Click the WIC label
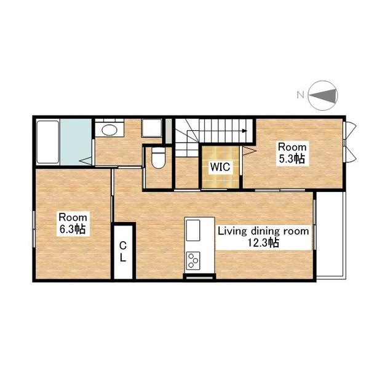point(220,167)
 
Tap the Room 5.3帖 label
point(292,153)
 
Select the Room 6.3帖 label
point(73,223)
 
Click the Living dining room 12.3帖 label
point(263,237)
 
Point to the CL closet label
point(123,252)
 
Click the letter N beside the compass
point(300,95)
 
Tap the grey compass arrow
point(322,95)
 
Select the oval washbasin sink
point(109,130)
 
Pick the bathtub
point(48,142)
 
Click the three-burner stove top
point(193,261)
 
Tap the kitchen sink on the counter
point(193,231)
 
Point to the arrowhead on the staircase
point(245,131)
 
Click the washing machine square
point(152,128)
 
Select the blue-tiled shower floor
point(76,142)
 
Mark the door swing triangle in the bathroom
point(85,161)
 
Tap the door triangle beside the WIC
point(248,151)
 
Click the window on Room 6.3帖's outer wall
point(34,229)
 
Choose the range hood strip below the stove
point(200,277)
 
